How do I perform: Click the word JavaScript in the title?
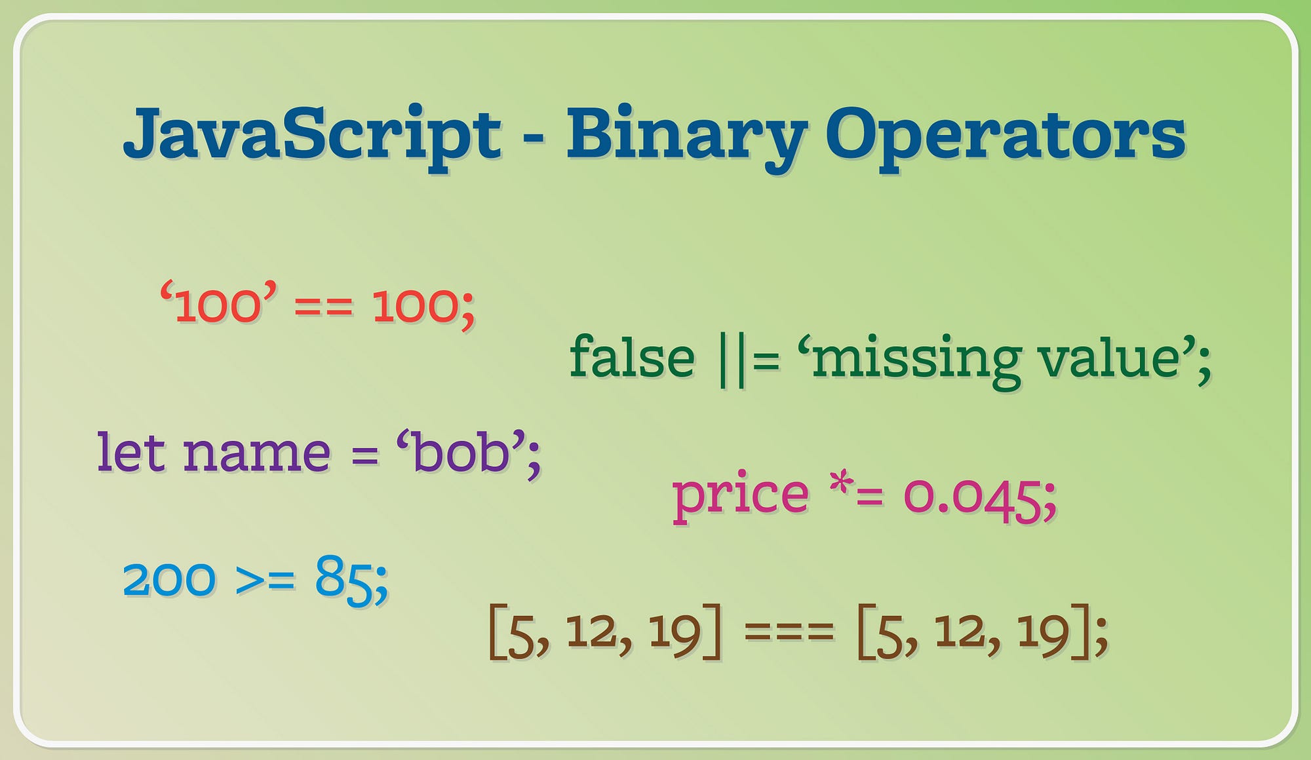(312, 134)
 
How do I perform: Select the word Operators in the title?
(1005, 134)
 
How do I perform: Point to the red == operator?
(324, 307)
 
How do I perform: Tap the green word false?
(632, 358)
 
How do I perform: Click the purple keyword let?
(131, 452)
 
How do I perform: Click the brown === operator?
(789, 632)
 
